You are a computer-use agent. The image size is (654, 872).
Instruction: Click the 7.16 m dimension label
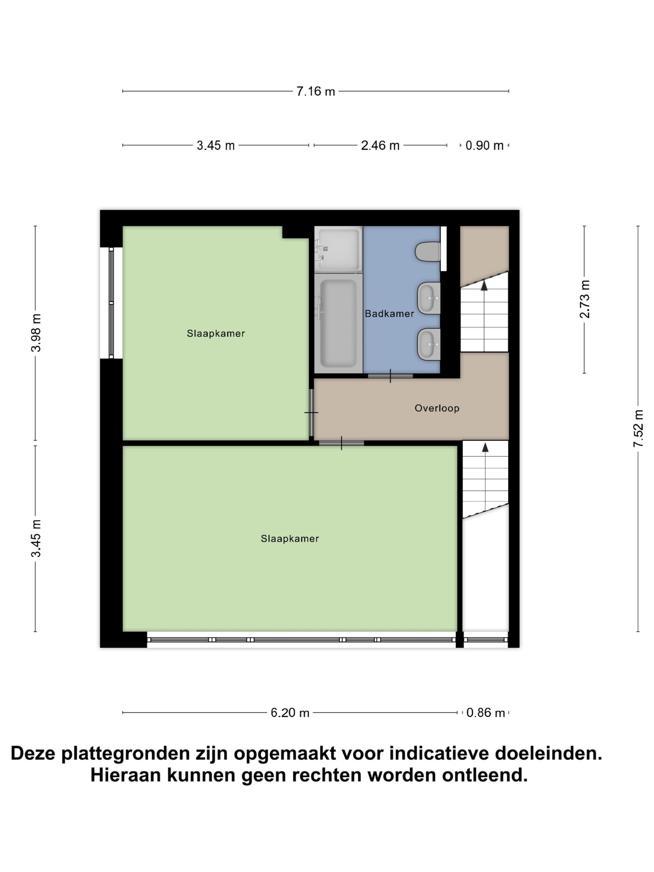[x=315, y=92]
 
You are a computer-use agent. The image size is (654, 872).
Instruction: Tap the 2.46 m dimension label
[x=380, y=145]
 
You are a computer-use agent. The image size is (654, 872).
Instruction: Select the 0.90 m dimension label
[x=485, y=145]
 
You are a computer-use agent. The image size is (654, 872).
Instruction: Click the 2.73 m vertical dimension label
[x=584, y=299]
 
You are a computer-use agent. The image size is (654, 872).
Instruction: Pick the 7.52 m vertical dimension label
[x=638, y=429]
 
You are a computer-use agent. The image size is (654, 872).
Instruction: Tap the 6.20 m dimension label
[x=290, y=713]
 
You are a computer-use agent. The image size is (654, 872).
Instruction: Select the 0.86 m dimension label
[x=485, y=713]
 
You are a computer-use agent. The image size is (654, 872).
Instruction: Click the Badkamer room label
[x=389, y=314]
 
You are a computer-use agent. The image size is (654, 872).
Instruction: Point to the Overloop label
[x=437, y=408]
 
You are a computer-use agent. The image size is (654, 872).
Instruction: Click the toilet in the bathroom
[x=428, y=252]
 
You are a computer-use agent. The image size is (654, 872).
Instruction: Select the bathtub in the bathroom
[x=338, y=323]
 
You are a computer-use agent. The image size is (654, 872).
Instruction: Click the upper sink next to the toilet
[x=429, y=298]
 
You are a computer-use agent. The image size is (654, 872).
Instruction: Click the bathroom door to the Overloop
[x=390, y=376]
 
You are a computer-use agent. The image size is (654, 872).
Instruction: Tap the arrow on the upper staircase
[x=484, y=285]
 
